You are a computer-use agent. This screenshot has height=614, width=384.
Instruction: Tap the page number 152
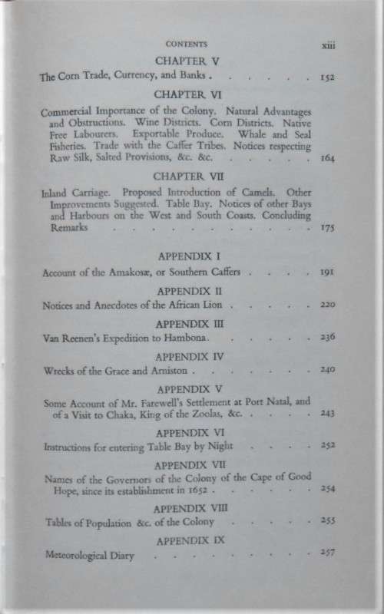[x=326, y=78]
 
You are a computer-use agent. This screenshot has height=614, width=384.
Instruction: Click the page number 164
[x=326, y=159]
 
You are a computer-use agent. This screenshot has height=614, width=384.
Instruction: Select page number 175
[x=326, y=229]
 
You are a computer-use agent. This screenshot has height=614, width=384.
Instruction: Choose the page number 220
[x=326, y=305]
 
